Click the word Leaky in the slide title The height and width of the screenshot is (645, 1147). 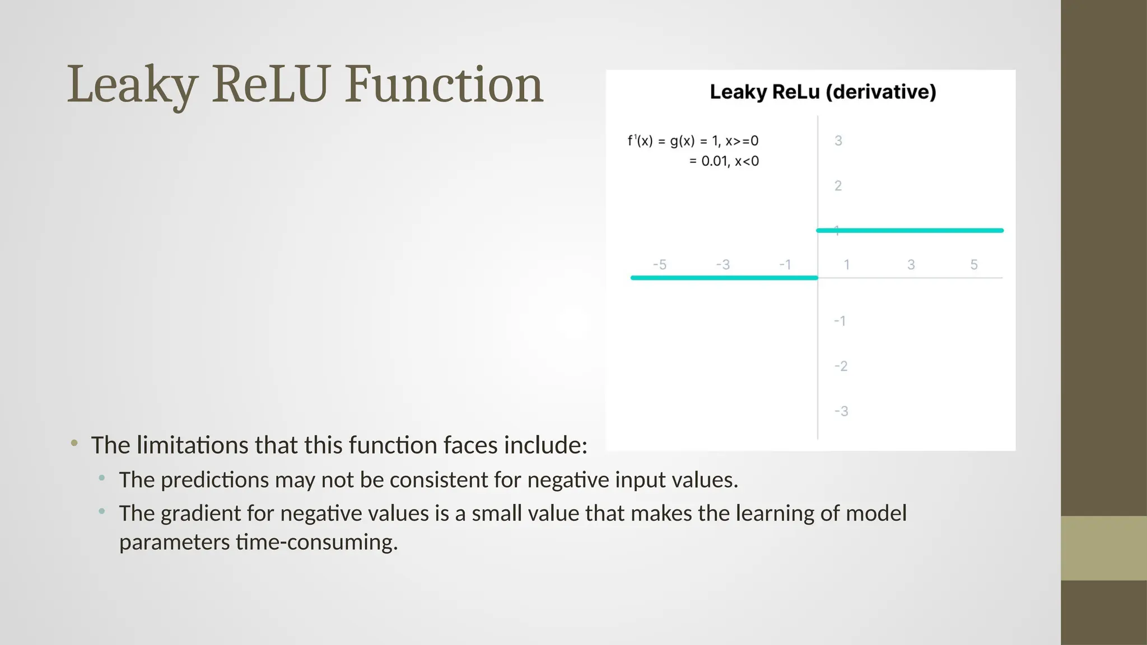[132, 85]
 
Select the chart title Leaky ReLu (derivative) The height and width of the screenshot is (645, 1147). [823, 92]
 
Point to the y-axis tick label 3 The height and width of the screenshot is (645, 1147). [838, 141]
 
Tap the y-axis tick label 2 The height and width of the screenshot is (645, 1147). [838, 186]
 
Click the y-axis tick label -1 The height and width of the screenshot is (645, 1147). [840, 321]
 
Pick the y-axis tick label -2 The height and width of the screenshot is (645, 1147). [841, 366]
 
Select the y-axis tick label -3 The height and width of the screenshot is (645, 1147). [841, 412]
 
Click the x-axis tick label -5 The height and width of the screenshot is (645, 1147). [660, 264]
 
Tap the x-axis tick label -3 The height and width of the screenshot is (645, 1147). [723, 264]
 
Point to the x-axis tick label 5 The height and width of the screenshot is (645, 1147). [974, 264]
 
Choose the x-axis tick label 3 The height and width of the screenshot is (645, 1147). [911, 264]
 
